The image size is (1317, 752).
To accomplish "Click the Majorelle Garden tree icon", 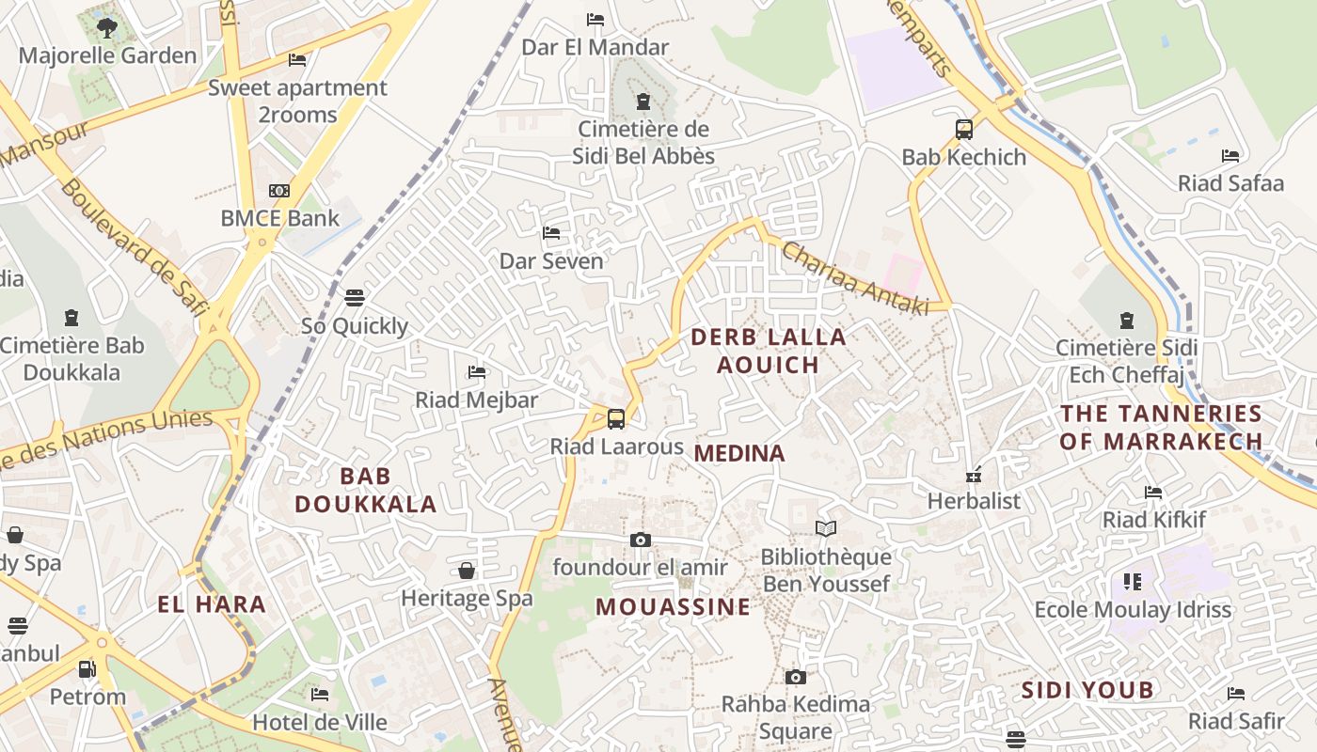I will tap(107, 27).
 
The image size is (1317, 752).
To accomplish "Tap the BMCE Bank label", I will tap(279, 218).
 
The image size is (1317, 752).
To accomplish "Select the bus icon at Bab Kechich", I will tap(964, 130).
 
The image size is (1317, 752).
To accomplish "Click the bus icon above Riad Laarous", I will tap(616, 418).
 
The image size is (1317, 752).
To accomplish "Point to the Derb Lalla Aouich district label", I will tap(769, 351).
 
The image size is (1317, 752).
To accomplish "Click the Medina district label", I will tap(739, 453).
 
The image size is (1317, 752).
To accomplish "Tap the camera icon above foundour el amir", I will tap(640, 540).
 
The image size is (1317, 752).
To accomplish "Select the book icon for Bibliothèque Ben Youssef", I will tap(826, 529).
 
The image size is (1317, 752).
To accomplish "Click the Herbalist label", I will tap(974, 500).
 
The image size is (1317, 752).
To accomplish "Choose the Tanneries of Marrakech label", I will tap(1161, 427).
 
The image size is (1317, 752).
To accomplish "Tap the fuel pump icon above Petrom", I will tap(87, 669).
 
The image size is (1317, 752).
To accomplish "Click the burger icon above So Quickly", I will tap(355, 298).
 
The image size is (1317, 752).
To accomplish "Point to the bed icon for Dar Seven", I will tap(551, 232).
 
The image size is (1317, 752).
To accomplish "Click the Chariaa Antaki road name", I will tap(854, 279).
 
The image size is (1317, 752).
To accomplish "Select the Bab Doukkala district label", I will tap(365, 490).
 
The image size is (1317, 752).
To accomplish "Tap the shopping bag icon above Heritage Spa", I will tap(467, 571).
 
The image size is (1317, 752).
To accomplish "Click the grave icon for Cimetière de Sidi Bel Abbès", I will tap(643, 102).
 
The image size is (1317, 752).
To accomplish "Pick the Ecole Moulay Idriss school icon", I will tap(1133, 582).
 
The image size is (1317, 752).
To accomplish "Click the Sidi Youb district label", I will tap(1087, 691).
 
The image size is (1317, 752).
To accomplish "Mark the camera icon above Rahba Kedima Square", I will tap(796, 677).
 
